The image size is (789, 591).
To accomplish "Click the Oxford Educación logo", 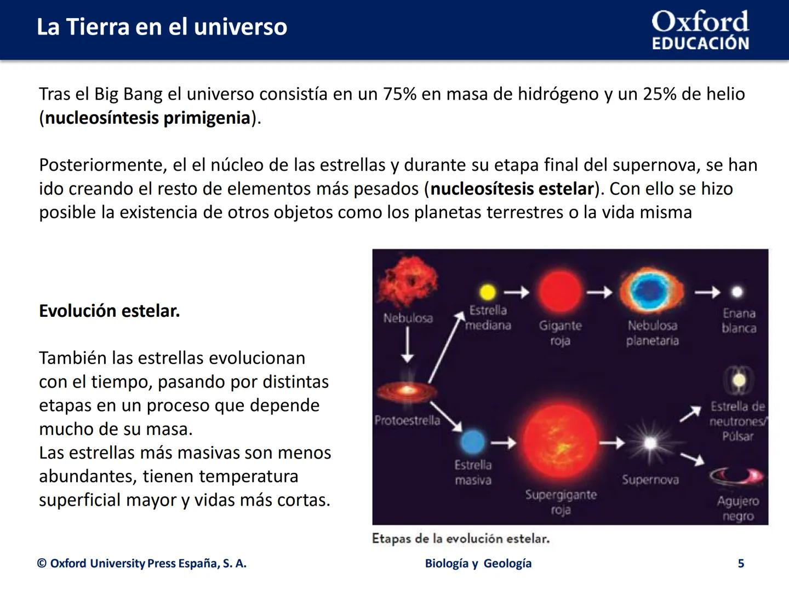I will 700,30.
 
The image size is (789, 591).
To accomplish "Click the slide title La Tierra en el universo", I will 162,27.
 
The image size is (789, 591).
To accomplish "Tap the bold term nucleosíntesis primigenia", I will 147,118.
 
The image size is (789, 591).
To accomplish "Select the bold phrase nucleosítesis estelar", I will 512,189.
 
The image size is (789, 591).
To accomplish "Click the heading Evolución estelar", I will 110,311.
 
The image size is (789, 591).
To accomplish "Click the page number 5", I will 741,564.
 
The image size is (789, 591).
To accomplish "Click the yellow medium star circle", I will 487,292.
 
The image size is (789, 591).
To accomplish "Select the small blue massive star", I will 473,442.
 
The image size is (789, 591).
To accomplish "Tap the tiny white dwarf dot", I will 737,292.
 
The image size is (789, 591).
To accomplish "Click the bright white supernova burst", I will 650,443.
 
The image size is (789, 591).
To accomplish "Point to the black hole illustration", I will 736,476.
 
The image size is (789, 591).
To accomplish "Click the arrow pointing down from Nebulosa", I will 407,346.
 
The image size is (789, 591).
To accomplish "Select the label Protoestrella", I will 407,420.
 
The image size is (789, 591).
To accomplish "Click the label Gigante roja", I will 560,333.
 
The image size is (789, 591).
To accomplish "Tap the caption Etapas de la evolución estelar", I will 460,538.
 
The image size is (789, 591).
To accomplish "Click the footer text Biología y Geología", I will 478,564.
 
